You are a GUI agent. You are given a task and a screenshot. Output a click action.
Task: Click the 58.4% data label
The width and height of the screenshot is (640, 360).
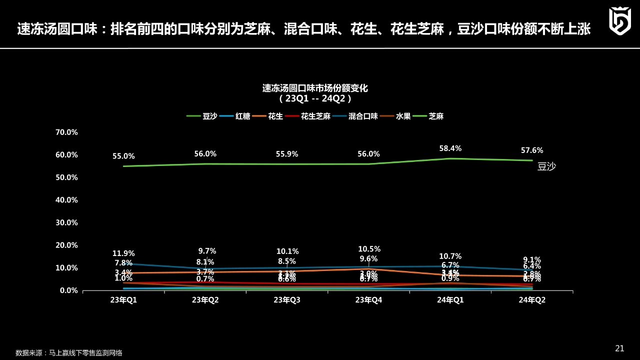(450, 148)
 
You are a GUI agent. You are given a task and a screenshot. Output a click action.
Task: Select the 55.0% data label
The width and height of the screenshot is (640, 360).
(123, 156)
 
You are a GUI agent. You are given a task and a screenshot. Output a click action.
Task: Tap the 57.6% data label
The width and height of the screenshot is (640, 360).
(532, 150)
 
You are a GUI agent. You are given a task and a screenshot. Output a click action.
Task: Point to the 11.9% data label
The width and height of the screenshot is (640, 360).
(123, 253)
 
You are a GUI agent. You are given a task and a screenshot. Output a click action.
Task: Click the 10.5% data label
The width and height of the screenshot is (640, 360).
(369, 249)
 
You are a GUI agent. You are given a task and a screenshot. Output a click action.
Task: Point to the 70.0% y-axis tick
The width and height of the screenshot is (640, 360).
(67, 132)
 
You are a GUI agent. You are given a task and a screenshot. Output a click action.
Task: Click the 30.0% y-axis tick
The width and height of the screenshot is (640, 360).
(67, 222)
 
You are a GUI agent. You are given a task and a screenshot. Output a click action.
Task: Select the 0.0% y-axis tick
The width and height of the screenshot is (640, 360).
(68, 290)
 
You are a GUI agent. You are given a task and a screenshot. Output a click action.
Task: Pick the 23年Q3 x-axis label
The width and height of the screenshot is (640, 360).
(287, 300)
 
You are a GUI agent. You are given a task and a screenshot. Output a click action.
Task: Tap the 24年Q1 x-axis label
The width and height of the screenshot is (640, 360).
(450, 300)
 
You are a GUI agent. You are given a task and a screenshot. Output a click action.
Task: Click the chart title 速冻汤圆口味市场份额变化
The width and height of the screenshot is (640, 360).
(315, 88)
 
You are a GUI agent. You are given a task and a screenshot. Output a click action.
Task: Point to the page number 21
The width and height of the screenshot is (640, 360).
(619, 348)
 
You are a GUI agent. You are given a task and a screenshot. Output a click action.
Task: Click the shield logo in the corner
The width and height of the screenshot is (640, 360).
(619, 21)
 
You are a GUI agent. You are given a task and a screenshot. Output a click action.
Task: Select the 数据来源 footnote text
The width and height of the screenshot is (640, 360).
(69, 352)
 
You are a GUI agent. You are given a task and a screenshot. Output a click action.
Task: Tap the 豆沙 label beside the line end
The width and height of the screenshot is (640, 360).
(546, 167)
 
